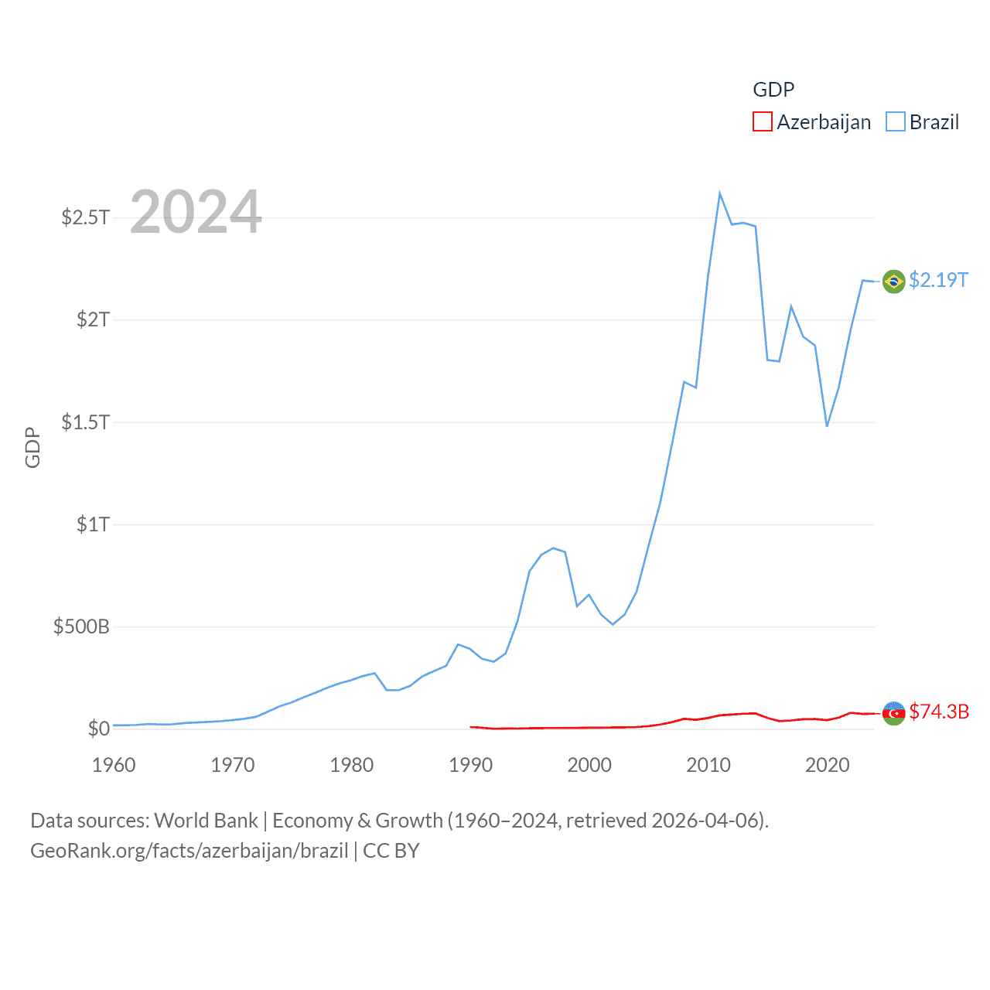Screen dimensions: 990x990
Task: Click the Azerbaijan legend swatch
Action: (763, 122)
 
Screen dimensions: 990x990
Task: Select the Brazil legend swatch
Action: (896, 122)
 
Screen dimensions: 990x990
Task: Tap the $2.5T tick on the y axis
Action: (86, 217)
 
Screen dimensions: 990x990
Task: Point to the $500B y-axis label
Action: (81, 626)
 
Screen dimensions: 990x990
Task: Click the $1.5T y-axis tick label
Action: (86, 422)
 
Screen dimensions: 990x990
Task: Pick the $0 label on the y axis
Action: (98, 729)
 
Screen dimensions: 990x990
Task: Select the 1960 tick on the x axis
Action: (114, 765)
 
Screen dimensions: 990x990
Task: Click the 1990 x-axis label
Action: (470, 765)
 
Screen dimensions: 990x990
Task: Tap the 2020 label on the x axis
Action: (827, 765)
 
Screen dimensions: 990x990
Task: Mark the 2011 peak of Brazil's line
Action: (720, 193)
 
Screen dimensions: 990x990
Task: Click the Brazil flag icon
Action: (894, 281)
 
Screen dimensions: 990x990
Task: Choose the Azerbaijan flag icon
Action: (894, 713)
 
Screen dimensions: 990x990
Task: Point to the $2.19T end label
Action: (938, 280)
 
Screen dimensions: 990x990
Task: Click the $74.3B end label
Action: (939, 712)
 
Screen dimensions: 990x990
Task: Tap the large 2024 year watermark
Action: (196, 212)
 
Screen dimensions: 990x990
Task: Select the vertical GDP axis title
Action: (32, 447)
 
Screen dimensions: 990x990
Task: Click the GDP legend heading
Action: (773, 90)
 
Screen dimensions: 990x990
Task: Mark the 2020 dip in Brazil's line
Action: (827, 425)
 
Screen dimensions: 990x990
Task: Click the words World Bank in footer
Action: (206, 821)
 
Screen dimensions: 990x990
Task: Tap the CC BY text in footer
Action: (391, 851)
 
